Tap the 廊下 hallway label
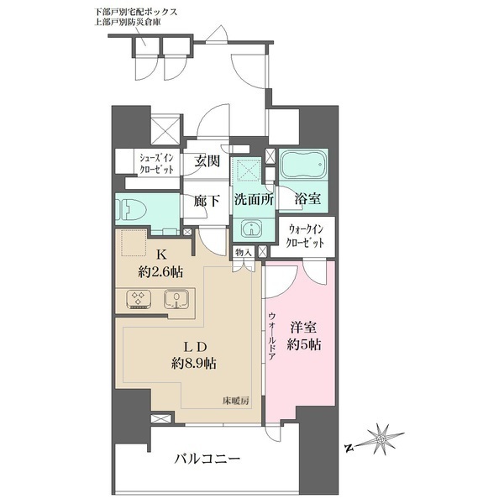[208, 202]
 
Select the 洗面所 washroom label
[252, 202]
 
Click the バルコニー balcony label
[207, 459]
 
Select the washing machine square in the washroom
[249, 169]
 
